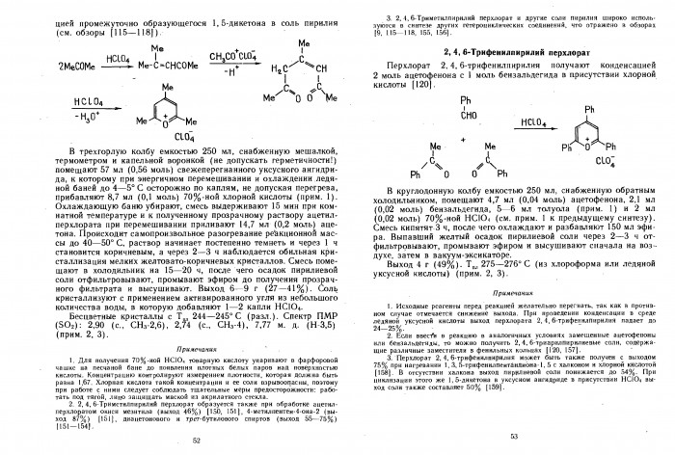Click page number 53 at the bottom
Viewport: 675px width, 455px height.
(514, 438)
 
